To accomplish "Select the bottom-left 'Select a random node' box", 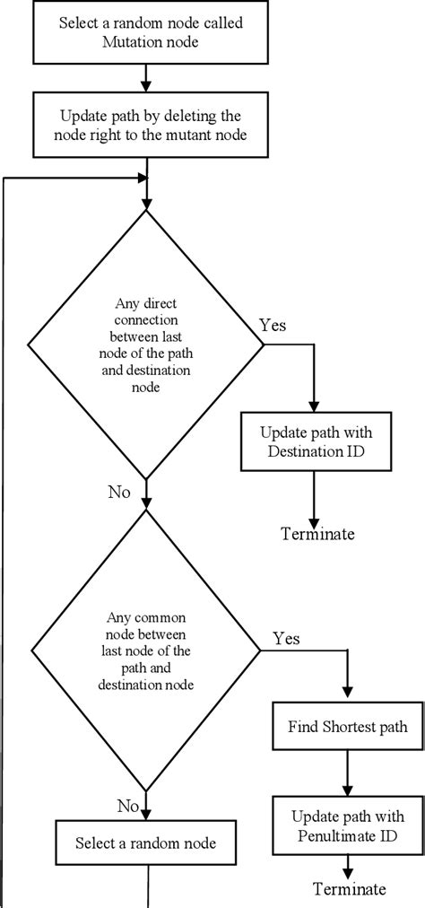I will (x=144, y=842).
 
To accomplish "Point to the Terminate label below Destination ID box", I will (x=317, y=535).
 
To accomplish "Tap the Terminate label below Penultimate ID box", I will (x=350, y=889).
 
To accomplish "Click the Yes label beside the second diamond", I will (x=285, y=638).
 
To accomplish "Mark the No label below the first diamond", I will (x=119, y=493).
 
